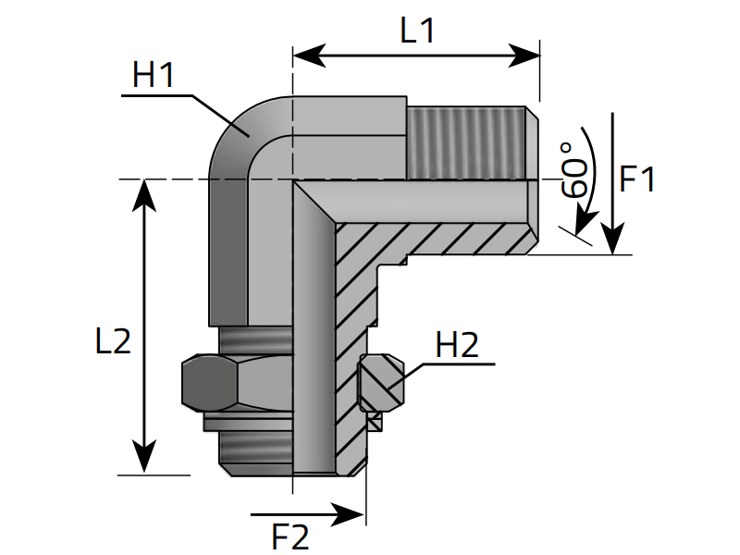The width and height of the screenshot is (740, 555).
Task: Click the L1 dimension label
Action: click(417, 31)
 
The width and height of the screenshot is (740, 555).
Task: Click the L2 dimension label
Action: click(113, 340)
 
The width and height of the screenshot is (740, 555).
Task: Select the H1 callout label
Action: click(154, 75)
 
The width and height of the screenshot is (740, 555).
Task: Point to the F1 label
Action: click(637, 179)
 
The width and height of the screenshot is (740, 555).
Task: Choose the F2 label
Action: click(290, 536)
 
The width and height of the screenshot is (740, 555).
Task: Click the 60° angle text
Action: click(574, 170)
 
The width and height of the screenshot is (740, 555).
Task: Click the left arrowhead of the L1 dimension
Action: click(309, 55)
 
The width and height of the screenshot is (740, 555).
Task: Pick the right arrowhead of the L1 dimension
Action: click(524, 55)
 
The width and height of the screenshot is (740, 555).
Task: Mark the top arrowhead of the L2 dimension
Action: click(144, 195)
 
